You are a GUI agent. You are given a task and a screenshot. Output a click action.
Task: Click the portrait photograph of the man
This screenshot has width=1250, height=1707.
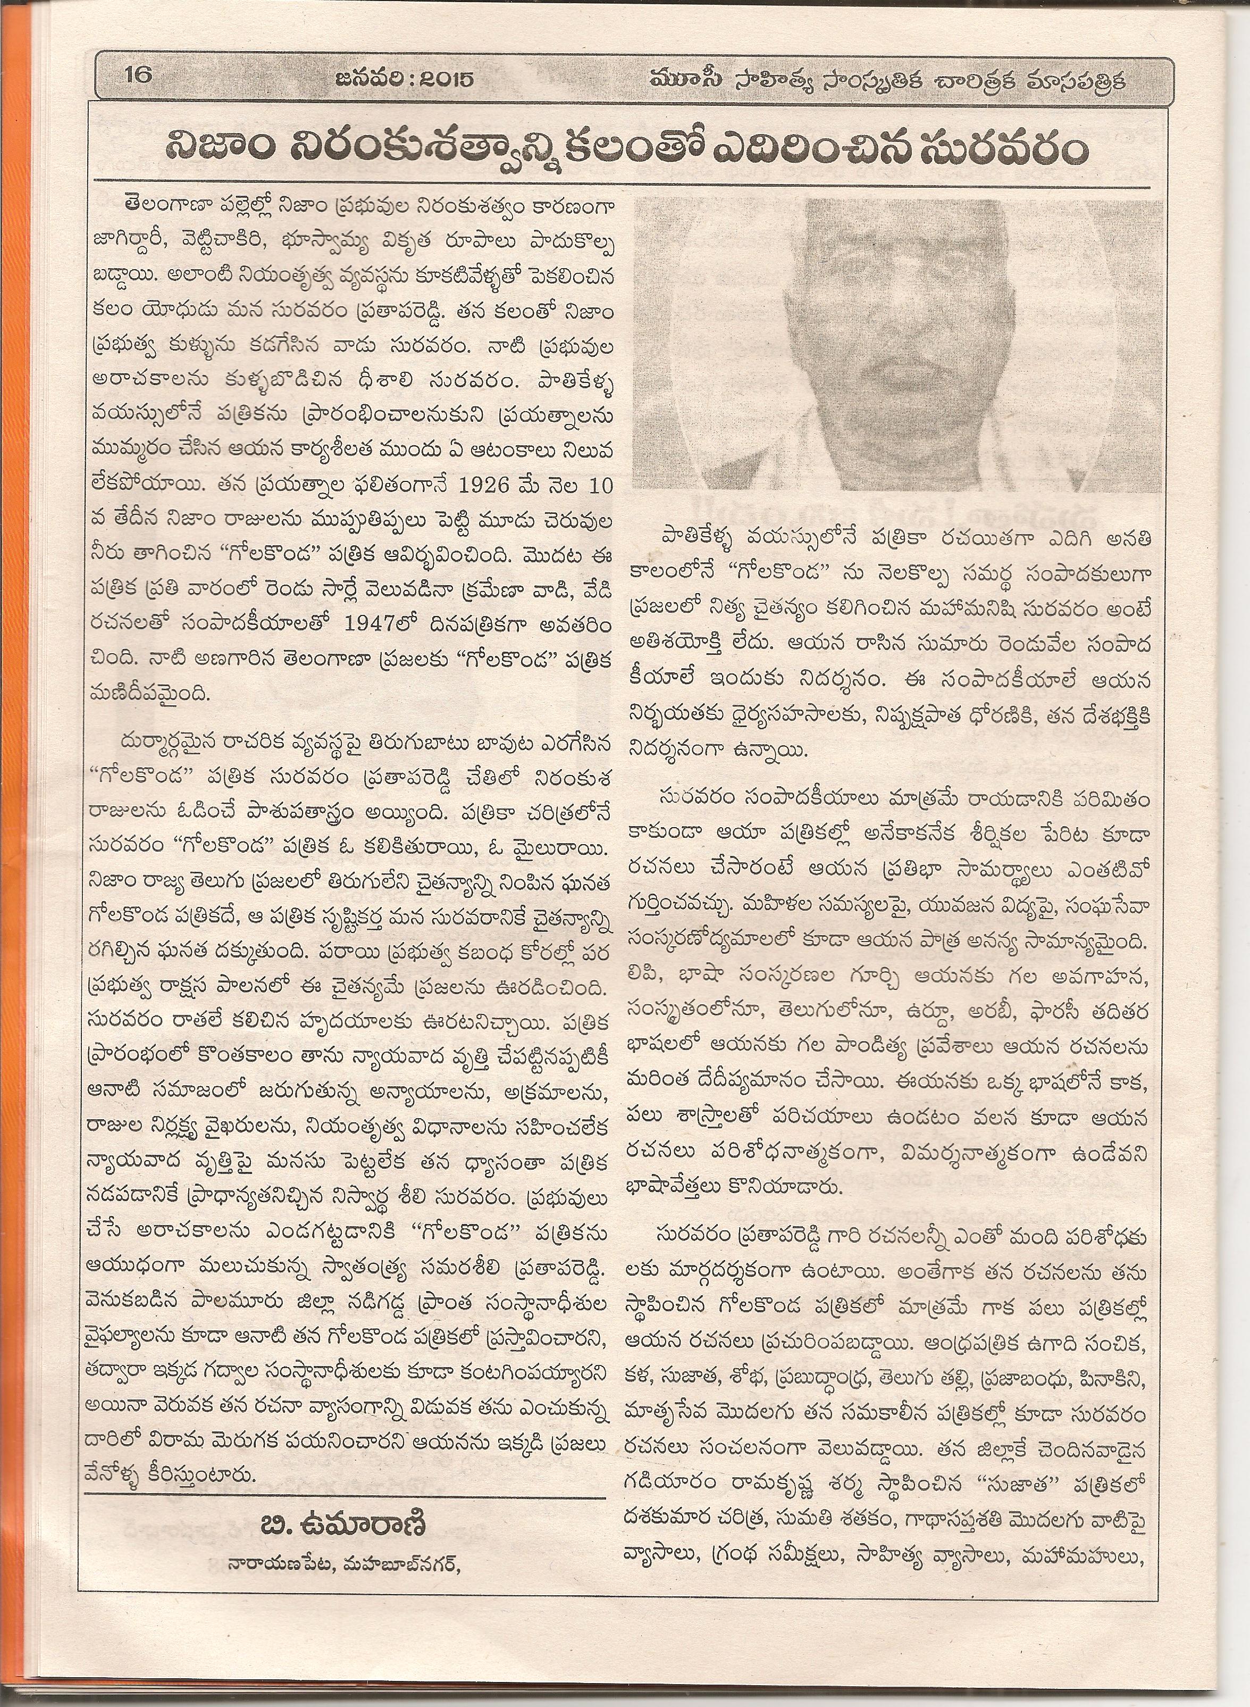[893, 344]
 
